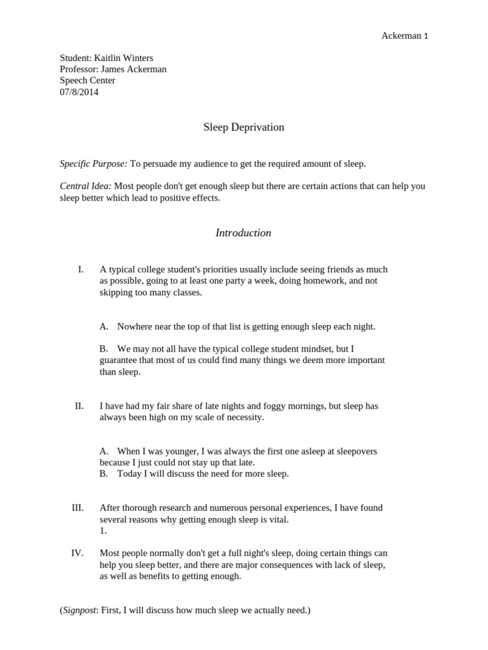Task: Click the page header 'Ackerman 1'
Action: pyautogui.click(x=404, y=36)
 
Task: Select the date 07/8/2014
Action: pyautogui.click(x=79, y=92)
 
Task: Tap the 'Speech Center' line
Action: pyautogui.click(x=88, y=81)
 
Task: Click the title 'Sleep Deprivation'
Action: pyautogui.click(x=243, y=127)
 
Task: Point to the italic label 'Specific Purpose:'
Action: pyautogui.click(x=93, y=164)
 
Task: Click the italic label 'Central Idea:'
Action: pyautogui.click(x=86, y=186)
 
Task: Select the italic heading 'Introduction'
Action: pyautogui.click(x=243, y=233)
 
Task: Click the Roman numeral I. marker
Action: pyautogui.click(x=81, y=269)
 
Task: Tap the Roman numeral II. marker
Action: pyautogui.click(x=79, y=406)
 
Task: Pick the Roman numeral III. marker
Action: pyautogui.click(x=78, y=508)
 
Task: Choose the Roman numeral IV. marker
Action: pyautogui.click(x=78, y=553)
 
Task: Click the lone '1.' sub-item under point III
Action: pyautogui.click(x=104, y=531)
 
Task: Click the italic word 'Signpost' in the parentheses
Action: pyautogui.click(x=79, y=611)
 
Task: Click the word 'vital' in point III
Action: pyautogui.click(x=277, y=519)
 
